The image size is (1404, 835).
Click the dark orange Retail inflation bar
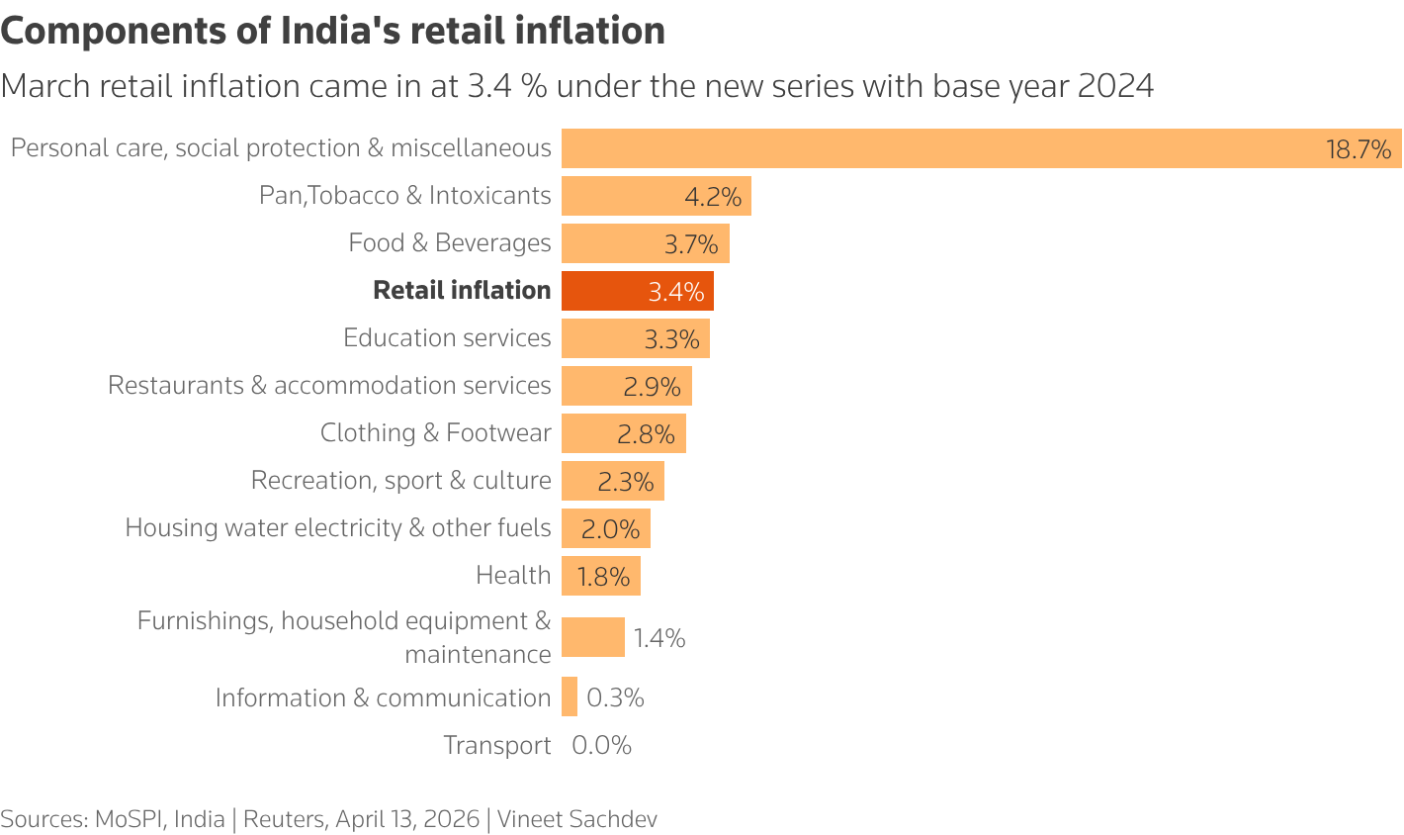[x=637, y=291]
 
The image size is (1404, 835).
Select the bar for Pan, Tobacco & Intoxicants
[x=656, y=196]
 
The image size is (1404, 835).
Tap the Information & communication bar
[x=570, y=696]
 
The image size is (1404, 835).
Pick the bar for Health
[x=600, y=576]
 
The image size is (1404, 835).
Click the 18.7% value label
[x=1358, y=149]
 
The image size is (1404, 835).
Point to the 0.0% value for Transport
[x=601, y=745]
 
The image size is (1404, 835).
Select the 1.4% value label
[x=659, y=638]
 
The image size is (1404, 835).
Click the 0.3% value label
[x=615, y=697]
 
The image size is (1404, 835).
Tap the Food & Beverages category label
[x=449, y=242]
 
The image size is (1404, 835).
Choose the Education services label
[x=447, y=337]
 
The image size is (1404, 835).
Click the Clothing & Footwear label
[x=435, y=432]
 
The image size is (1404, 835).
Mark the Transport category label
[x=496, y=745]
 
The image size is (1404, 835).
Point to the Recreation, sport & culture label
[x=400, y=480]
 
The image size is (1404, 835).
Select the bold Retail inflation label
[x=462, y=290]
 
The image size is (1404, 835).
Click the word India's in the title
[x=340, y=31]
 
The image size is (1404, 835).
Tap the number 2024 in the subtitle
[x=1115, y=86]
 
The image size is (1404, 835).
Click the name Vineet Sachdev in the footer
[x=576, y=819]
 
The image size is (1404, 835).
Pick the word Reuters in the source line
[x=284, y=819]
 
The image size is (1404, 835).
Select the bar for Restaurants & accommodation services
[x=626, y=386]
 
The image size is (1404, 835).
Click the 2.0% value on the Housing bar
[x=610, y=529]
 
